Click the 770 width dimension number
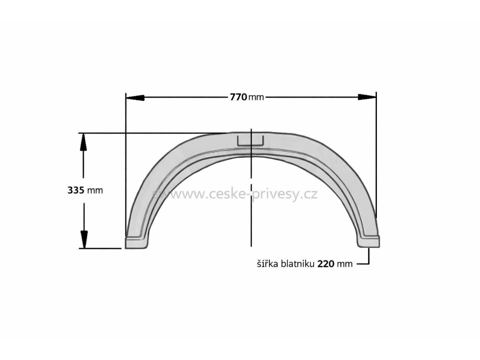tap(239, 97)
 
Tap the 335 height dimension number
tap(76, 190)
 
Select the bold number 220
tap(325, 263)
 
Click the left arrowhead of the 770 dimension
tap(135, 97)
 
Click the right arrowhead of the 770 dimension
tap(367, 97)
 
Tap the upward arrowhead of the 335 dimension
tap(83, 142)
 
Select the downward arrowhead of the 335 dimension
tap(83, 240)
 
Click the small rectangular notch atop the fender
tap(251, 141)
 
